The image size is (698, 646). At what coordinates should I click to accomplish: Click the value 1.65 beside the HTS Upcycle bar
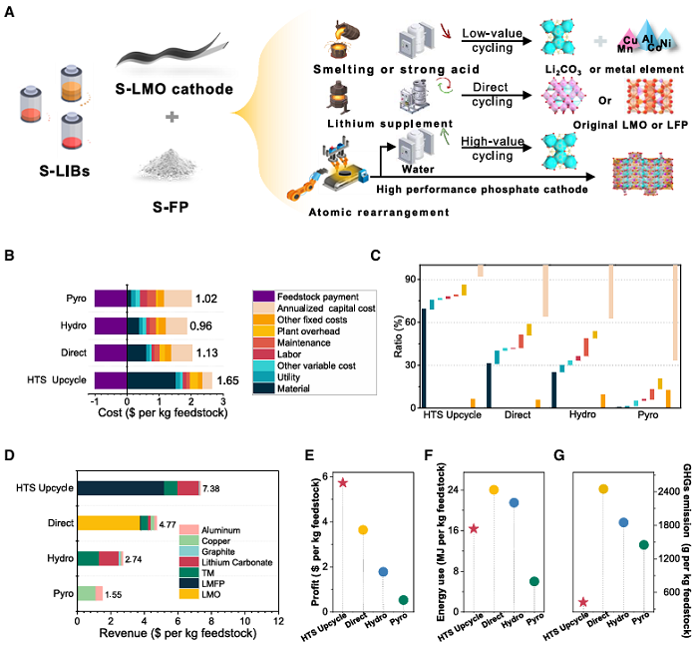coord(228,379)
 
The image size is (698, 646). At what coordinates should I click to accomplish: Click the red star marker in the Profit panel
coord(343,482)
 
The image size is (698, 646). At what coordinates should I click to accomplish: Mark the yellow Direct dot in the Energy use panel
coord(493,489)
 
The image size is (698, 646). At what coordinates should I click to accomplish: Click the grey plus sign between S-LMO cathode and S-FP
coord(173,117)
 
